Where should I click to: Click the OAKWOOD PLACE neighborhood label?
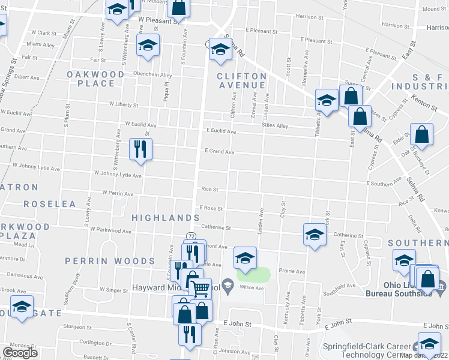coord(95,79)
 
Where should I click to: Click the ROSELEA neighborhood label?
coord(50,204)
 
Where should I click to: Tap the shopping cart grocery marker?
coord(200,289)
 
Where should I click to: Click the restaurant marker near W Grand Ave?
coord(141,149)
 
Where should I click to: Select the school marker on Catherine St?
coord(315,236)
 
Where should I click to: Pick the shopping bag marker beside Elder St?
coord(422,136)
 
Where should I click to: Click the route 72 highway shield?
coord(190,235)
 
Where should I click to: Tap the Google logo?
coord(20,352)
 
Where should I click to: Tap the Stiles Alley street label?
coord(275,126)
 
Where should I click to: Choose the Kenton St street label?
coord(425,105)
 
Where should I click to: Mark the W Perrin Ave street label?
coord(118,193)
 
